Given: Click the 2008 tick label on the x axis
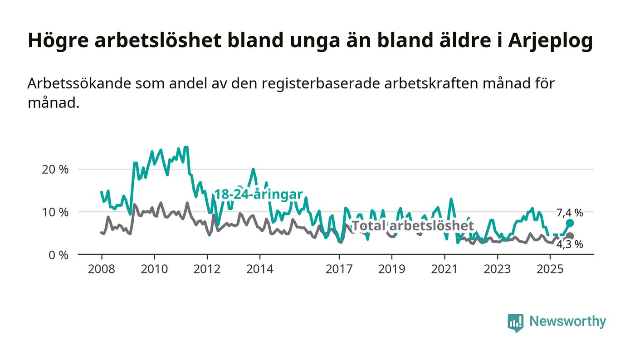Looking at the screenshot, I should (x=102, y=269).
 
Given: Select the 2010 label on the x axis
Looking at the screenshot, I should (x=154, y=269).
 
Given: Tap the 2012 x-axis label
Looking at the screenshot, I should (x=207, y=269).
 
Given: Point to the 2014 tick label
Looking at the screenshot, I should (x=259, y=269).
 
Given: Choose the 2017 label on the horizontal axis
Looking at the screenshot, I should (x=339, y=269).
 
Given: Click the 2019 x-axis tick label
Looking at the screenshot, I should (x=391, y=269).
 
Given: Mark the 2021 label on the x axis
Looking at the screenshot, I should (x=444, y=269).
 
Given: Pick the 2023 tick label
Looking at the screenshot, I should (x=497, y=269).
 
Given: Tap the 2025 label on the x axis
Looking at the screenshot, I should (x=549, y=269).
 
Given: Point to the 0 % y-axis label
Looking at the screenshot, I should (x=59, y=255).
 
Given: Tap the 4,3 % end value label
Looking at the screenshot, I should (x=570, y=245).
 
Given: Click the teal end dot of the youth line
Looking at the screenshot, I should (x=570, y=223).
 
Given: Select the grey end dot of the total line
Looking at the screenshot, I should (x=570, y=236).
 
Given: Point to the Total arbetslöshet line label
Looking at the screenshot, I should (x=413, y=226).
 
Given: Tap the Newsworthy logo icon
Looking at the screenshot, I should (x=515, y=322).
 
